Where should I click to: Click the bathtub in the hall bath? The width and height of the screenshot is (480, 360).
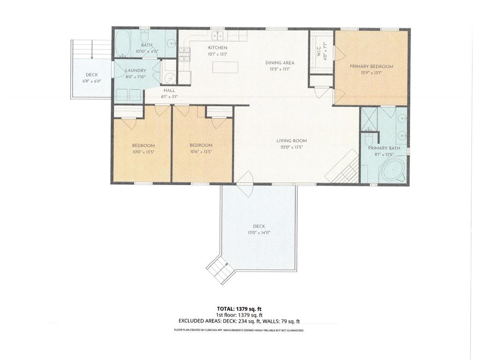pyautogui.click(x=123, y=43)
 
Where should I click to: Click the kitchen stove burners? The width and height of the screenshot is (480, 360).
pyautogui.click(x=184, y=55)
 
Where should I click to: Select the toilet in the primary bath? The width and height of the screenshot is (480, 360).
pyautogui.click(x=369, y=139)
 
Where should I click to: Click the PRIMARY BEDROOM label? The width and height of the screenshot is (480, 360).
pyautogui.click(x=371, y=67)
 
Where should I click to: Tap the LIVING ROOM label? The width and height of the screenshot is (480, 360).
pyautogui.click(x=291, y=141)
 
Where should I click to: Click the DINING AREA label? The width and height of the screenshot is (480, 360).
pyautogui.click(x=280, y=63)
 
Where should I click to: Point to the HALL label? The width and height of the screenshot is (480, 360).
pyautogui.click(x=170, y=90)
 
